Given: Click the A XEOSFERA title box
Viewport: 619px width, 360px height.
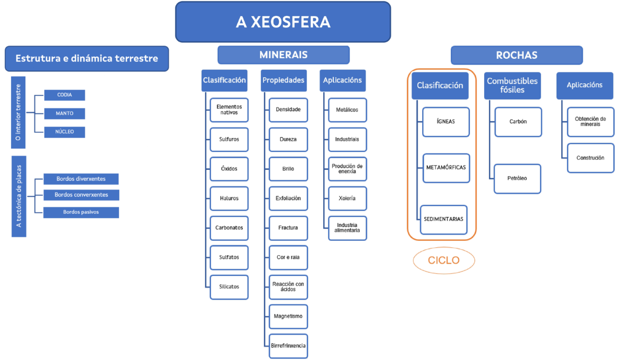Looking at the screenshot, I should tap(283, 22).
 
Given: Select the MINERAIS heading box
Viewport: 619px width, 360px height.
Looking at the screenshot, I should tap(283, 55).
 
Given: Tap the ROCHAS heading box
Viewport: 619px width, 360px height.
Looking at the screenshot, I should tap(516, 55).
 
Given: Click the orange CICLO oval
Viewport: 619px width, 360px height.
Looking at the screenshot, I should tap(444, 260).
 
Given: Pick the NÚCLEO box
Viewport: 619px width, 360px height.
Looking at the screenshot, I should tap(65, 131).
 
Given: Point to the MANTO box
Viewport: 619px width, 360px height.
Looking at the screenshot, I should tap(65, 113).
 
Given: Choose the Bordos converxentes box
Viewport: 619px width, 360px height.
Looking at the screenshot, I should tap(81, 195).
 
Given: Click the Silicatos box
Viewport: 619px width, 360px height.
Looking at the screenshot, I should tap(229, 287).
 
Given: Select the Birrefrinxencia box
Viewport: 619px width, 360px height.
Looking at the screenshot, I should tap(288, 346).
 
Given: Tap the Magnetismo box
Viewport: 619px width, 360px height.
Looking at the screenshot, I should tap(288, 317).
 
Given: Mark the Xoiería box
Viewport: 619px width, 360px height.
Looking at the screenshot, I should tap(347, 199).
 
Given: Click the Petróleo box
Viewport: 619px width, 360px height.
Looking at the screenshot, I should tap(518, 178).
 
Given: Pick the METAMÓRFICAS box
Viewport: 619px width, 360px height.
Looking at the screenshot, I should tap(446, 168).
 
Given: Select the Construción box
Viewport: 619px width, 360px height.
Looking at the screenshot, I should tap(590, 158).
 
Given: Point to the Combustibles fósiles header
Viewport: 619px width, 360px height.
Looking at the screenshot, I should tap(512, 85).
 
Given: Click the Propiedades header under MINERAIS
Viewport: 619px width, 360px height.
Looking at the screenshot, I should tap(283, 80).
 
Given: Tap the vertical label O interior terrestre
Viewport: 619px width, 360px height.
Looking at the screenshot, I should tap(18, 112).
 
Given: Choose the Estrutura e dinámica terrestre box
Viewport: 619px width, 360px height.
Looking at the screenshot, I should tap(87, 58).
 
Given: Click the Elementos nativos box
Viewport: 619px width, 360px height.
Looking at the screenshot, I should tap(229, 110).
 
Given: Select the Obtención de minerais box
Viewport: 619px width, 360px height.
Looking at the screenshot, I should tap(590, 121).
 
